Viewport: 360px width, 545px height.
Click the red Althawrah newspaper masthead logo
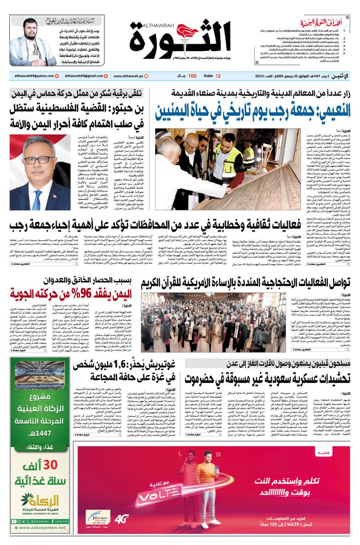pyautogui.click(x=180, y=41)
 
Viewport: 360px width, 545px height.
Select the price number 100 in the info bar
pyautogui.click(x=192, y=76)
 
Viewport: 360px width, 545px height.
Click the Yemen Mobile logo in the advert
pyautogui.click(x=97, y=519)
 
